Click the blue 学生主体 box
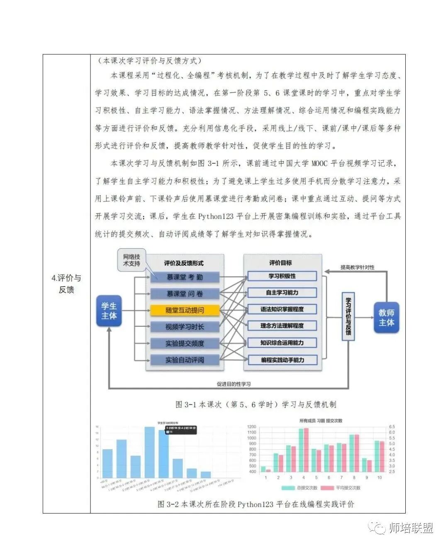(x=109, y=311)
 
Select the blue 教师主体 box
(x=386, y=318)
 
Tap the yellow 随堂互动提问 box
(x=185, y=310)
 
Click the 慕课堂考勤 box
(x=185, y=277)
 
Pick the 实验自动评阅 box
(x=185, y=360)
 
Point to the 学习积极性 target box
(x=282, y=276)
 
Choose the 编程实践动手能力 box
(x=282, y=360)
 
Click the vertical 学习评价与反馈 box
(x=348, y=316)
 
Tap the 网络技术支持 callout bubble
(x=131, y=260)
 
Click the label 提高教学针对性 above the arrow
(x=357, y=267)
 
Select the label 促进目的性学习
(x=234, y=384)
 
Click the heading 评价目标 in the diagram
(x=280, y=263)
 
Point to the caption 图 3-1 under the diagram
(x=256, y=404)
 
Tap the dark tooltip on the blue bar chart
(x=180, y=430)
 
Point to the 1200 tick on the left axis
(x=251, y=427)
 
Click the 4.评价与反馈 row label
(x=66, y=284)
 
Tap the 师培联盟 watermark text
(x=411, y=528)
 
